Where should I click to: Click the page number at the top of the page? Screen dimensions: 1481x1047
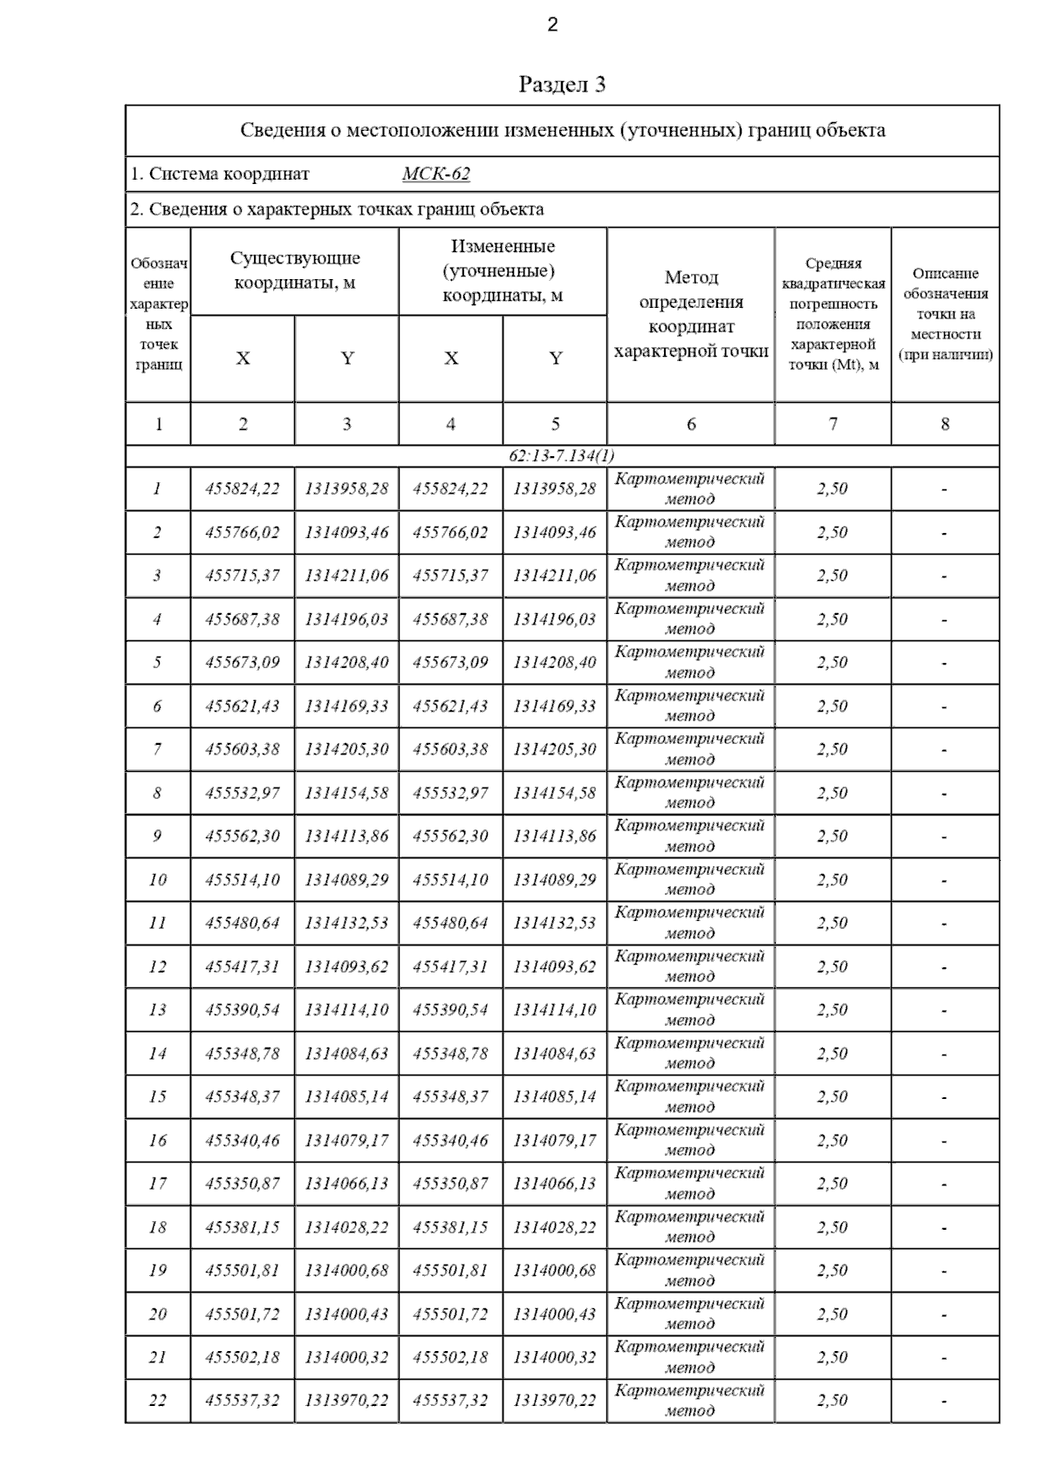click(x=552, y=25)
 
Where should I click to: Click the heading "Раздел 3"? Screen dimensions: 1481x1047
click(x=562, y=85)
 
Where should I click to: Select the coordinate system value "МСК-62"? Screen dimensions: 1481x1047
click(x=435, y=174)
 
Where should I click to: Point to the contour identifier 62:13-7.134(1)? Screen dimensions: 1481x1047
click(x=562, y=456)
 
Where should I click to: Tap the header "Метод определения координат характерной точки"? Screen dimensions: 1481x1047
click(x=691, y=314)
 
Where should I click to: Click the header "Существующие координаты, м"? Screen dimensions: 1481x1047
click(x=295, y=270)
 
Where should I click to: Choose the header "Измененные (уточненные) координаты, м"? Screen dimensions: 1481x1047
click(x=503, y=270)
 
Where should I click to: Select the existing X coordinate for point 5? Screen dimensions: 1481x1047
click(x=243, y=663)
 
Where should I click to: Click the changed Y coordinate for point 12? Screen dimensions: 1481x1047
click(x=555, y=966)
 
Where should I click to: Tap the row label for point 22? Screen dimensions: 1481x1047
click(x=158, y=1401)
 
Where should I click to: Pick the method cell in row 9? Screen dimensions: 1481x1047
click(x=690, y=836)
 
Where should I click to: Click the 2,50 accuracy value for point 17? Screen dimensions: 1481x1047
click(x=832, y=1184)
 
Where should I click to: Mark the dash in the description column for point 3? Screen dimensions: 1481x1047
click(x=945, y=577)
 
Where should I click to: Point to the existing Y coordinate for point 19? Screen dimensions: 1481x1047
click(x=346, y=1271)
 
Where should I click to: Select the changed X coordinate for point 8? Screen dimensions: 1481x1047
click(x=450, y=794)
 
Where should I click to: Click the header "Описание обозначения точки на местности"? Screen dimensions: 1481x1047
click(x=945, y=314)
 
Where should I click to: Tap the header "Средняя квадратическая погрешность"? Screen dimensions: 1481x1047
click(x=833, y=314)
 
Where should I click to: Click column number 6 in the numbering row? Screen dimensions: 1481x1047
click(x=691, y=425)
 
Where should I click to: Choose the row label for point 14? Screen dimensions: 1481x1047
click(x=158, y=1054)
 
